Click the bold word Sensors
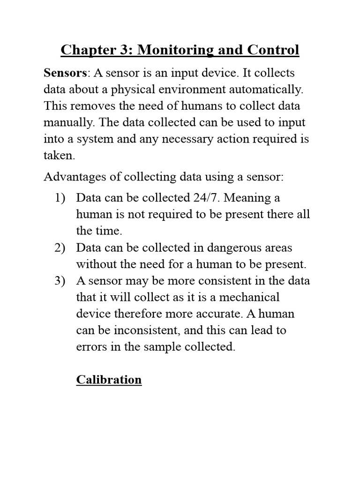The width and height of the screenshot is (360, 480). [65, 73]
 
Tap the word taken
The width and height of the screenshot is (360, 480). [59, 155]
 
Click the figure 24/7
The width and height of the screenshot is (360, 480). [206, 198]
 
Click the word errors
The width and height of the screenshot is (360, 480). [90, 346]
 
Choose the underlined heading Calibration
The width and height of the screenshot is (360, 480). [109, 379]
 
